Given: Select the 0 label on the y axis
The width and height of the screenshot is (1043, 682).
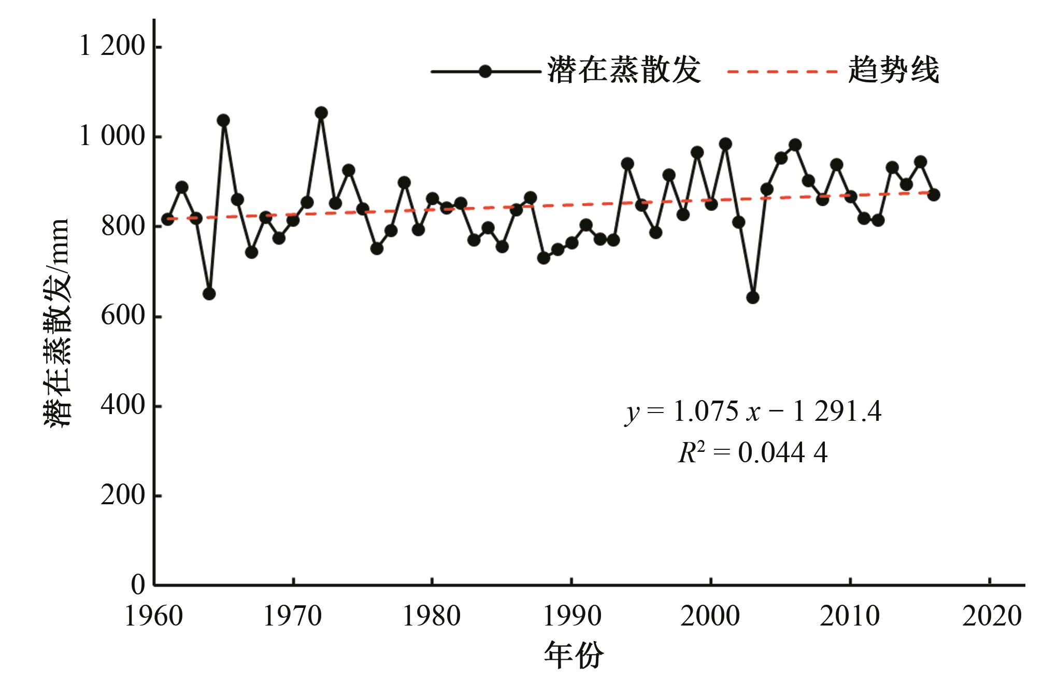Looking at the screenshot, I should [138, 585].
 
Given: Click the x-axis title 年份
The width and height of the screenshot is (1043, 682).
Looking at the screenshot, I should [574, 656].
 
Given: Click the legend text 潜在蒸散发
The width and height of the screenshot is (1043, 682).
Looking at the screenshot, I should [624, 70].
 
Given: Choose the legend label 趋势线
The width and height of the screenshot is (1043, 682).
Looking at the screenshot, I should [893, 70].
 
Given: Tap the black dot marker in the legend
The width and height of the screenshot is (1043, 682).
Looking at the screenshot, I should [485, 72].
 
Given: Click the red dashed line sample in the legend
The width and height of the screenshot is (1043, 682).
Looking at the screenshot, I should [782, 72].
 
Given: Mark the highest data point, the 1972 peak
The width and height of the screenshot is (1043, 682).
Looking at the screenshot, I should [321, 113].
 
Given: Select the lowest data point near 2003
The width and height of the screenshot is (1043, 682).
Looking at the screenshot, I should [753, 297].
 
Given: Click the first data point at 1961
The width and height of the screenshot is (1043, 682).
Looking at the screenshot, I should [167, 219].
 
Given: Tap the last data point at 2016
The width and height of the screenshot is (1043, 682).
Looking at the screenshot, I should [934, 195].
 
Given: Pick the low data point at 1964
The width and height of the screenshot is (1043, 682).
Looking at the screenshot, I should [209, 294].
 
